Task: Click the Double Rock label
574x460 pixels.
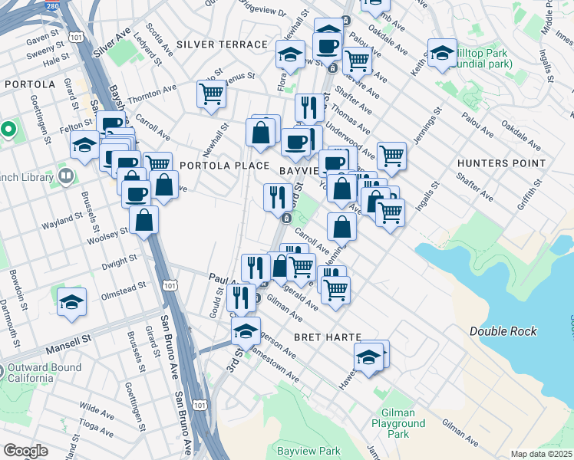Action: tap(503, 331)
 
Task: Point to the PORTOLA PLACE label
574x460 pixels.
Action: tap(224, 166)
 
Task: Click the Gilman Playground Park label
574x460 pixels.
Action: tap(398, 423)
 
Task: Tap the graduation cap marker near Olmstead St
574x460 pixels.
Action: tap(71, 301)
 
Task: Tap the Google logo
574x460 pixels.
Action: tap(25, 451)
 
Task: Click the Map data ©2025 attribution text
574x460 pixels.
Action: tap(542, 454)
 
